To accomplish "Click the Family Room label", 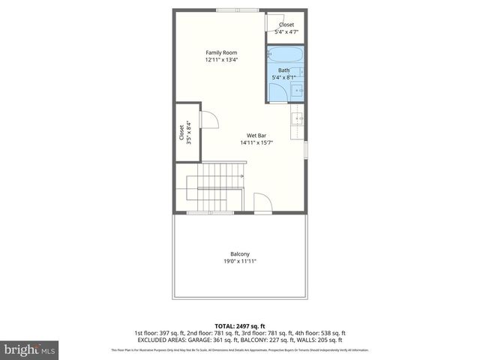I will (x=216, y=52).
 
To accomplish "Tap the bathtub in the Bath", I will (x=284, y=56).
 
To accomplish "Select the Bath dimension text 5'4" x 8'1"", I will (x=283, y=76).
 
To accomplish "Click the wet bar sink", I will (x=298, y=118).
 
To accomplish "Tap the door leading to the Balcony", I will (x=262, y=204).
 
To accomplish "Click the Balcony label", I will (x=240, y=253).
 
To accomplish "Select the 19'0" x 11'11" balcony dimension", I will (x=240, y=261).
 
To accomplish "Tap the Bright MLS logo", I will (x=30, y=349).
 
